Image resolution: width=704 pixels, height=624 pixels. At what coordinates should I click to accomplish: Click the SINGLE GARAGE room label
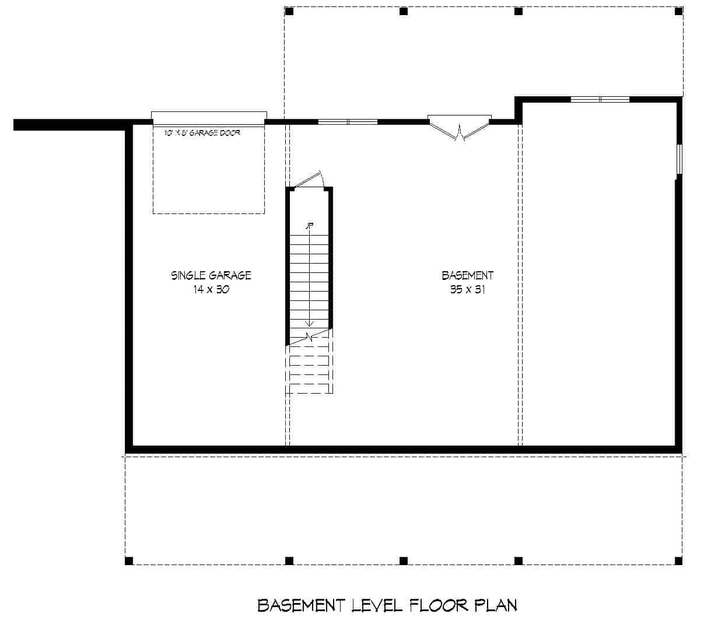point(211,275)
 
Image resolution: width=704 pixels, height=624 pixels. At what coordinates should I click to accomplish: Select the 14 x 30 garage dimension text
point(211,289)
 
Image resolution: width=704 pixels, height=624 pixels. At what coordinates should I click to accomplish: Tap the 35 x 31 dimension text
point(467,289)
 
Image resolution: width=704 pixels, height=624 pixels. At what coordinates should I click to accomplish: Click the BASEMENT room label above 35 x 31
point(467,275)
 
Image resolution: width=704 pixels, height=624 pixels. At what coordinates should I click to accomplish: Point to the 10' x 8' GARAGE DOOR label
point(202,133)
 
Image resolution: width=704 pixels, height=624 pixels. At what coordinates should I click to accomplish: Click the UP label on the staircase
point(310,226)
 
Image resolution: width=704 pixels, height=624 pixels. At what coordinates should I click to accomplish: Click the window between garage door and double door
point(348,122)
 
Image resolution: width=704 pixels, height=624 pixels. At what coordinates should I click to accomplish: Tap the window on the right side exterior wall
point(679,159)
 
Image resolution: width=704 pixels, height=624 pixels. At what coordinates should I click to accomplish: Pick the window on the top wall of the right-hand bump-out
point(600,99)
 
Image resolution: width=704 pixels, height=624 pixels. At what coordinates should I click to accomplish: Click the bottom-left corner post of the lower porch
point(129,560)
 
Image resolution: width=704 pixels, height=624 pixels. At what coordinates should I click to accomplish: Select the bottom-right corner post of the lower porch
point(678,560)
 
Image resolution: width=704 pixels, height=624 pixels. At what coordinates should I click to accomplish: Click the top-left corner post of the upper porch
point(289,11)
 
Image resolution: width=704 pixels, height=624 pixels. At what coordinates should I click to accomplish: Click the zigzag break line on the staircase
point(309,336)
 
